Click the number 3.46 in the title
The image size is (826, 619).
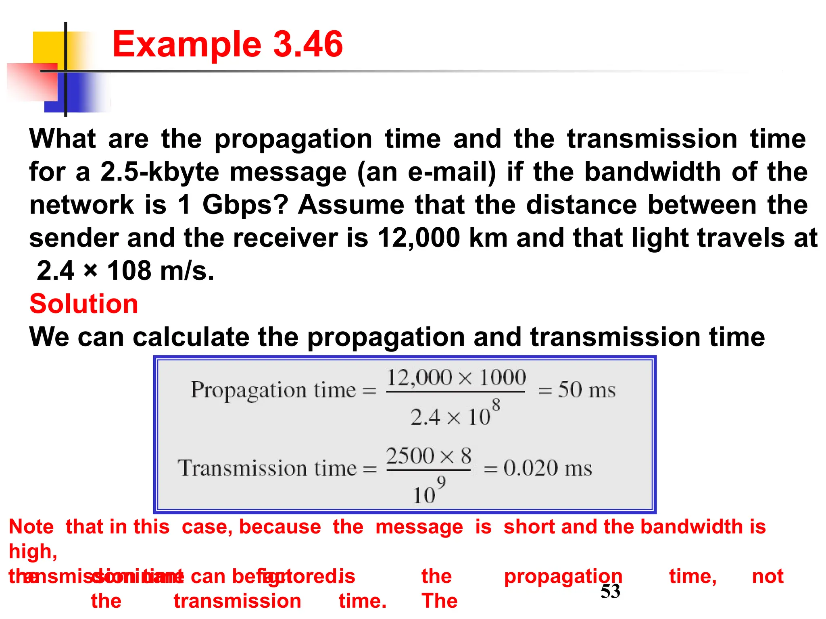[x=308, y=44]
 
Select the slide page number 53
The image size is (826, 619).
[x=610, y=591]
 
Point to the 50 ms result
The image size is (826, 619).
[x=586, y=390]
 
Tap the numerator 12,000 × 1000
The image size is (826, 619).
[x=456, y=378]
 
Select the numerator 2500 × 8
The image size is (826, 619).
[x=428, y=456]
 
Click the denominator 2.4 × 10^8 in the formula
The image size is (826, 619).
[x=455, y=414]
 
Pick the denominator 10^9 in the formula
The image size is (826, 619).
[x=429, y=492]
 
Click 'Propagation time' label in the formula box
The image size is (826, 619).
[x=273, y=390]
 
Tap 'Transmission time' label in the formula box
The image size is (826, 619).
[x=267, y=468]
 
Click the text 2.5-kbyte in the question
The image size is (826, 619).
[x=160, y=172]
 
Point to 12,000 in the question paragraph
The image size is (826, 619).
[x=418, y=238]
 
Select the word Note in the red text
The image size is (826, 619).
[x=31, y=527]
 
